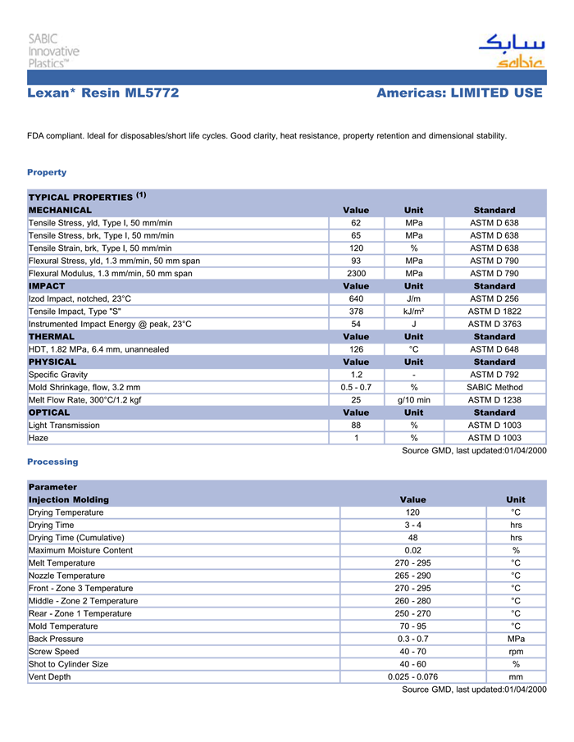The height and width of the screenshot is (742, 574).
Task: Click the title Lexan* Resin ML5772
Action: (x=102, y=93)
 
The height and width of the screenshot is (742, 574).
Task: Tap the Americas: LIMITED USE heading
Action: (x=459, y=93)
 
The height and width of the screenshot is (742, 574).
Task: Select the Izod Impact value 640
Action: (x=356, y=299)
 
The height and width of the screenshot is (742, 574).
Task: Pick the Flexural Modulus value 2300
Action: (x=356, y=274)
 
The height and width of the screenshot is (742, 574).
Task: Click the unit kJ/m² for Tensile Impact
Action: (x=414, y=312)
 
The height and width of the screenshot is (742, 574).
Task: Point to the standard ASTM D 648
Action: (x=494, y=349)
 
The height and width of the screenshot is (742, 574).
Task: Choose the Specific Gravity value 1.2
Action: (x=356, y=375)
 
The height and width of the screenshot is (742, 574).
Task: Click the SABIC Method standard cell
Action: (x=494, y=387)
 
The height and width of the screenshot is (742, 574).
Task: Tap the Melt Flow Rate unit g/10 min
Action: (x=414, y=400)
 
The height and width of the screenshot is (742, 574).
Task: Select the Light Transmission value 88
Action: (x=356, y=426)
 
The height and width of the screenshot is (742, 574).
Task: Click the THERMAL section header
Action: (x=52, y=337)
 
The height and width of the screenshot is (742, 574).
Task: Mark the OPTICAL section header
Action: (x=51, y=412)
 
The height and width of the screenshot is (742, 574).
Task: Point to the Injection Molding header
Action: (x=69, y=499)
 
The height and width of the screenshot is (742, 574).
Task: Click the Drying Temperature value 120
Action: (x=412, y=512)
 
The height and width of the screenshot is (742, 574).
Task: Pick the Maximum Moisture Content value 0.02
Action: (x=412, y=550)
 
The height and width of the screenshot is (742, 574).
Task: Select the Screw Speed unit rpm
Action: (x=516, y=652)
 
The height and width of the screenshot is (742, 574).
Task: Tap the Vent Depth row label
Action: (x=49, y=677)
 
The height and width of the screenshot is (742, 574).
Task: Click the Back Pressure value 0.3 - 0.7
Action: (x=412, y=639)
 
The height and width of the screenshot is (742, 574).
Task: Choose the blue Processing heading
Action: (x=52, y=462)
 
